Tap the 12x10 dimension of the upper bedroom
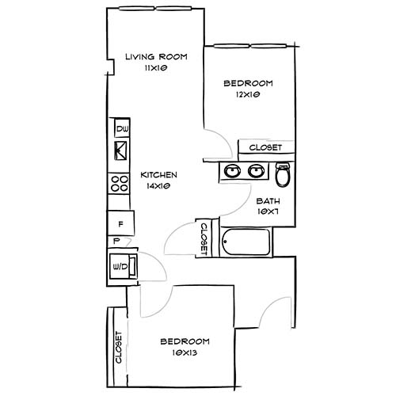coord(248,94)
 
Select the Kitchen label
coord(158,174)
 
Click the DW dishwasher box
coord(122,129)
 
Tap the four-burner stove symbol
coord(121,185)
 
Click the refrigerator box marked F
coord(120,223)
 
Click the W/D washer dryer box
coord(122,267)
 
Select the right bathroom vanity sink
coord(256,170)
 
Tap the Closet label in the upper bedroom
coord(265,148)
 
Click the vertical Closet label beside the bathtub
coord(203,238)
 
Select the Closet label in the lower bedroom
coord(118,347)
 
